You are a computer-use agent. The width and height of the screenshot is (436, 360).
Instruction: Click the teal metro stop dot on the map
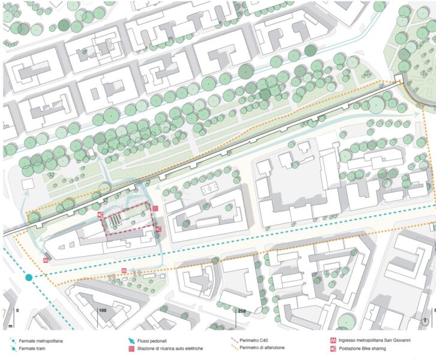pyautogui.click(x=29, y=277)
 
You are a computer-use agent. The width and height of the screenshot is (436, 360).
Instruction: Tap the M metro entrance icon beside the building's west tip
pyautogui.click(x=46, y=260)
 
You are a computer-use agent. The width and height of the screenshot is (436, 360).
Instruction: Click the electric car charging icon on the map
pyautogui.click(x=155, y=208)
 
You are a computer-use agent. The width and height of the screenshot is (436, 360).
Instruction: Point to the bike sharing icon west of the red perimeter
pyautogui.click(x=100, y=214)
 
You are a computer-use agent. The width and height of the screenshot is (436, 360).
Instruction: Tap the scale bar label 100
pyautogui.click(x=101, y=310)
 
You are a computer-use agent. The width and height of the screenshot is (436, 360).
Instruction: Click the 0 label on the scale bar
pyautogui.click(x=18, y=310)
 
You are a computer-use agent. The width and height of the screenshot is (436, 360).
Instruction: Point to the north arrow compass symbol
pyautogui.click(x=424, y=322)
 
